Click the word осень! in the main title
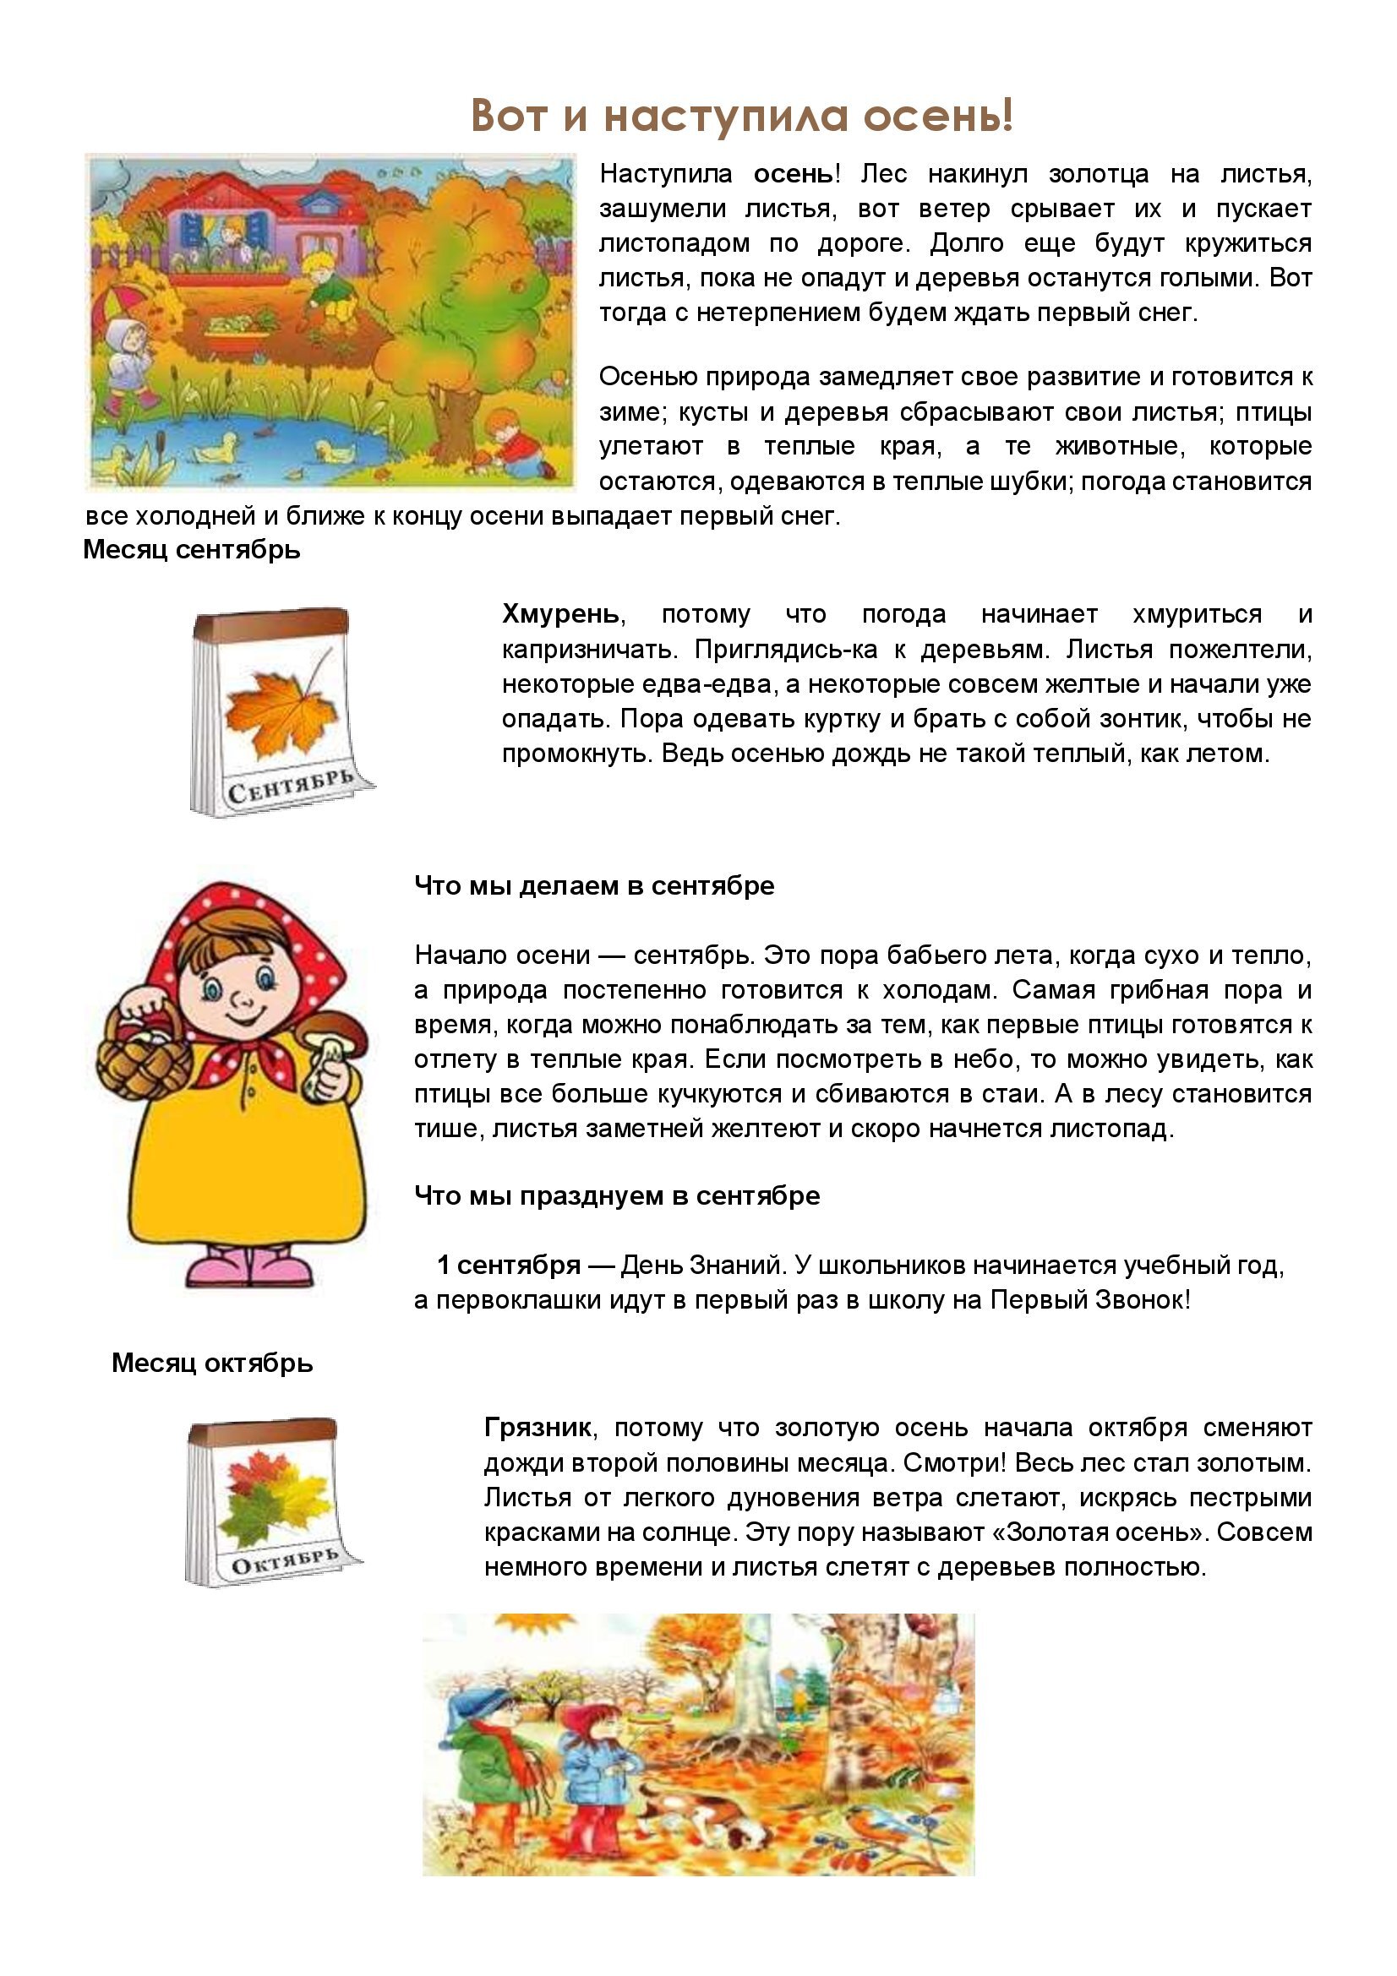[x=938, y=117]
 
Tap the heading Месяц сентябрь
[x=191, y=549]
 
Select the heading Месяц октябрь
[x=212, y=1363]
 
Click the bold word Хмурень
[x=560, y=613]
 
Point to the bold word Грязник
[x=538, y=1427]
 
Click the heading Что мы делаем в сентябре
[x=594, y=885]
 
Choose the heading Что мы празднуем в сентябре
[x=616, y=1195]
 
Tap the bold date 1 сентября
[x=509, y=1265]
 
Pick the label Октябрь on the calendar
[x=284, y=1562]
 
